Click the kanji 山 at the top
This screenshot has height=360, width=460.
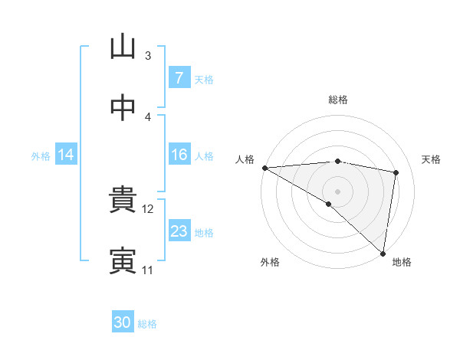[123, 47]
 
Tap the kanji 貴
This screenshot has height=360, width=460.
[123, 201]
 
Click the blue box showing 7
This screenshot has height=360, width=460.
[179, 78]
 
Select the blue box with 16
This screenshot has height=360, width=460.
[179, 155]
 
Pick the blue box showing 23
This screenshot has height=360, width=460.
[179, 232]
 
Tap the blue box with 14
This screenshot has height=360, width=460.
[66, 155]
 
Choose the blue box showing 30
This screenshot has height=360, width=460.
[123, 322]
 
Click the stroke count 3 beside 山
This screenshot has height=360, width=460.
[148, 56]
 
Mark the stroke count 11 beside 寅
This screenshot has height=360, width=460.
[148, 270]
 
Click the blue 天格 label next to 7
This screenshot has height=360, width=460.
[204, 79]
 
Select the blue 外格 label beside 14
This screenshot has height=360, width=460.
[41, 156]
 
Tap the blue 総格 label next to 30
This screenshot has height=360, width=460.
[147, 323]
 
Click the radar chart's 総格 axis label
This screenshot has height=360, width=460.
[338, 100]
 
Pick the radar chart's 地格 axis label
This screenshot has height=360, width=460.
[402, 262]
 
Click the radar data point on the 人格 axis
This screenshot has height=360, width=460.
[264, 168]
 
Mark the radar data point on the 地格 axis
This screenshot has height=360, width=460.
[383, 254]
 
